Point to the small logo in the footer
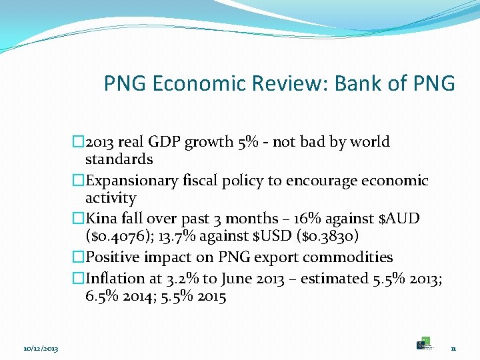tap(424, 344)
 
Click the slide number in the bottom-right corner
tap(453, 349)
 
